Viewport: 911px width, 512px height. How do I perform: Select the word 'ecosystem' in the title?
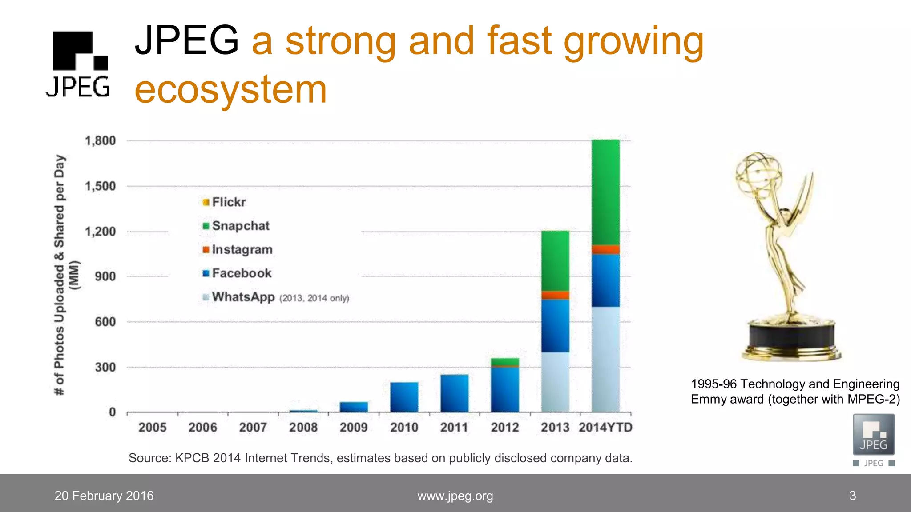click(230, 89)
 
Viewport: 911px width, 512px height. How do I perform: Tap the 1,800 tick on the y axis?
click(101, 141)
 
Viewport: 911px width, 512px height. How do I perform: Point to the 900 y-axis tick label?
click(105, 276)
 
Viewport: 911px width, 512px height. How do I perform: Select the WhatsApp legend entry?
click(243, 297)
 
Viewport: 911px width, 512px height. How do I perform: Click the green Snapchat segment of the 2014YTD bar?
click(605, 192)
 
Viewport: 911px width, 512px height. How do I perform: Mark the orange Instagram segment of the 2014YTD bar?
click(605, 249)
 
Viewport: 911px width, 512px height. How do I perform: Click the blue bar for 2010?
click(404, 397)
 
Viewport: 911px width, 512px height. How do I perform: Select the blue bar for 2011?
click(454, 393)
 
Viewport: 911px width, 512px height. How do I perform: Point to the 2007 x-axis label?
click(253, 428)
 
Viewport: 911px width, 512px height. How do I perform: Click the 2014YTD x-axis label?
click(605, 428)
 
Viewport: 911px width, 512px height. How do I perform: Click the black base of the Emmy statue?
click(791, 336)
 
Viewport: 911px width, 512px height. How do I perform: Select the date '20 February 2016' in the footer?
click(104, 496)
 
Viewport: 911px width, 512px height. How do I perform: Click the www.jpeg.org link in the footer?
click(455, 496)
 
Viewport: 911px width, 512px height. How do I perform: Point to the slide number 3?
click(852, 496)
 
